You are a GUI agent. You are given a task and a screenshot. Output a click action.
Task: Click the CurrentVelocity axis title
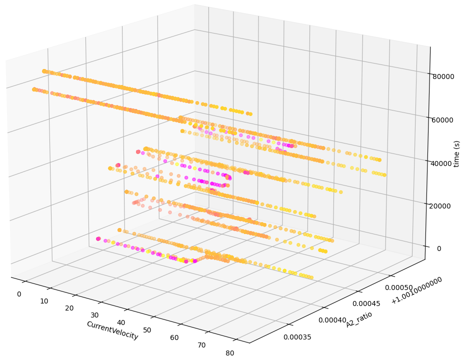[112, 330]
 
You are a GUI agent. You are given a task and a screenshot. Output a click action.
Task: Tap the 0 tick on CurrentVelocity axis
[19, 294]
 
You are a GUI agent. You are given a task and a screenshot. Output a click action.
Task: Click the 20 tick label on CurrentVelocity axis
[69, 308]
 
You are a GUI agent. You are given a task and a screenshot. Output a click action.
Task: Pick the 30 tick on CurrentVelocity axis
[95, 315]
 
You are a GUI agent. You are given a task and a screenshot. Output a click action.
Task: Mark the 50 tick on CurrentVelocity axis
[147, 330]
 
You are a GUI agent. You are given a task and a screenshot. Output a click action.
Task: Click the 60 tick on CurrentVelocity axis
[174, 337]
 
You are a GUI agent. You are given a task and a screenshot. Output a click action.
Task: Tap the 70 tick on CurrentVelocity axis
[201, 345]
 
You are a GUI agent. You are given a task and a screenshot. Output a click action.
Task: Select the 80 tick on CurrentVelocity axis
[229, 353]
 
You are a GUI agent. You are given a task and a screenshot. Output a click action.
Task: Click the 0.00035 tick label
[297, 337]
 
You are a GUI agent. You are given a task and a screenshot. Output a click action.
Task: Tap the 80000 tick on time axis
[443, 76]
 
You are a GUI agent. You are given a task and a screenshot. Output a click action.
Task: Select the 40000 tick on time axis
[443, 163]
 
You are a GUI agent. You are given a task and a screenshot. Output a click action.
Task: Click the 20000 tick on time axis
[443, 205]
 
